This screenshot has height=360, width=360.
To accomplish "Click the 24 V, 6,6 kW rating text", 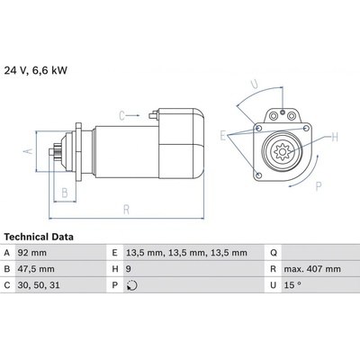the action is coord(36,70).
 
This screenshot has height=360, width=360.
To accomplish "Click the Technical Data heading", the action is coord(39,237).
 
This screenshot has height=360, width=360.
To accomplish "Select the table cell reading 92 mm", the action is coord(32,253).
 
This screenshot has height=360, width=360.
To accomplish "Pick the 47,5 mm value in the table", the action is coord(36,269).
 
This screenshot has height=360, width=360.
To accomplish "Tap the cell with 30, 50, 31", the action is coord(39,285).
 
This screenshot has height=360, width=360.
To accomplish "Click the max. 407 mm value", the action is coord(312,269).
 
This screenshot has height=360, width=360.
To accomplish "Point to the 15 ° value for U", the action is coord(292,284).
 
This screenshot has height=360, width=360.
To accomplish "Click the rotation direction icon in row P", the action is coord(131,285).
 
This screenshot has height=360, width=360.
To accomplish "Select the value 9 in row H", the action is coord(128,269).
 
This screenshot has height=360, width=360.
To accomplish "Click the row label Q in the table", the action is coord(274,253).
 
